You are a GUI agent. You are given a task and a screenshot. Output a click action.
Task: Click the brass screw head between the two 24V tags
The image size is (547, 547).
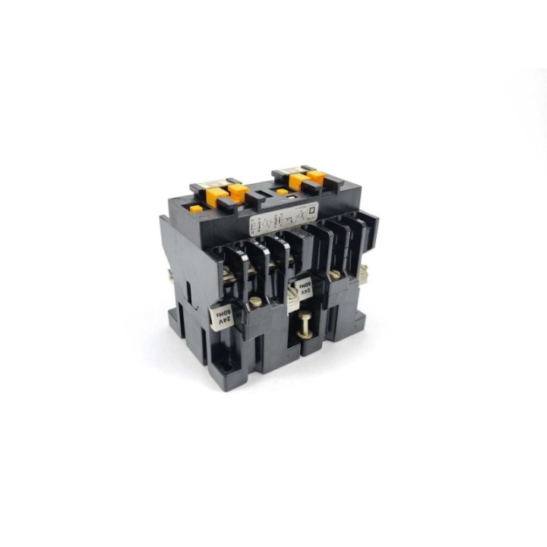(x=257, y=302)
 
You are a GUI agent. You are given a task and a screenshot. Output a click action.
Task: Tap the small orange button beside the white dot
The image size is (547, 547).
(x=283, y=192)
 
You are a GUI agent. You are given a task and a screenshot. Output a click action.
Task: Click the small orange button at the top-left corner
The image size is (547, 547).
(x=196, y=208)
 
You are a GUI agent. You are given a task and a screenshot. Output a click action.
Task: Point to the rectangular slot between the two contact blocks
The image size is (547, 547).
(x=259, y=199)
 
